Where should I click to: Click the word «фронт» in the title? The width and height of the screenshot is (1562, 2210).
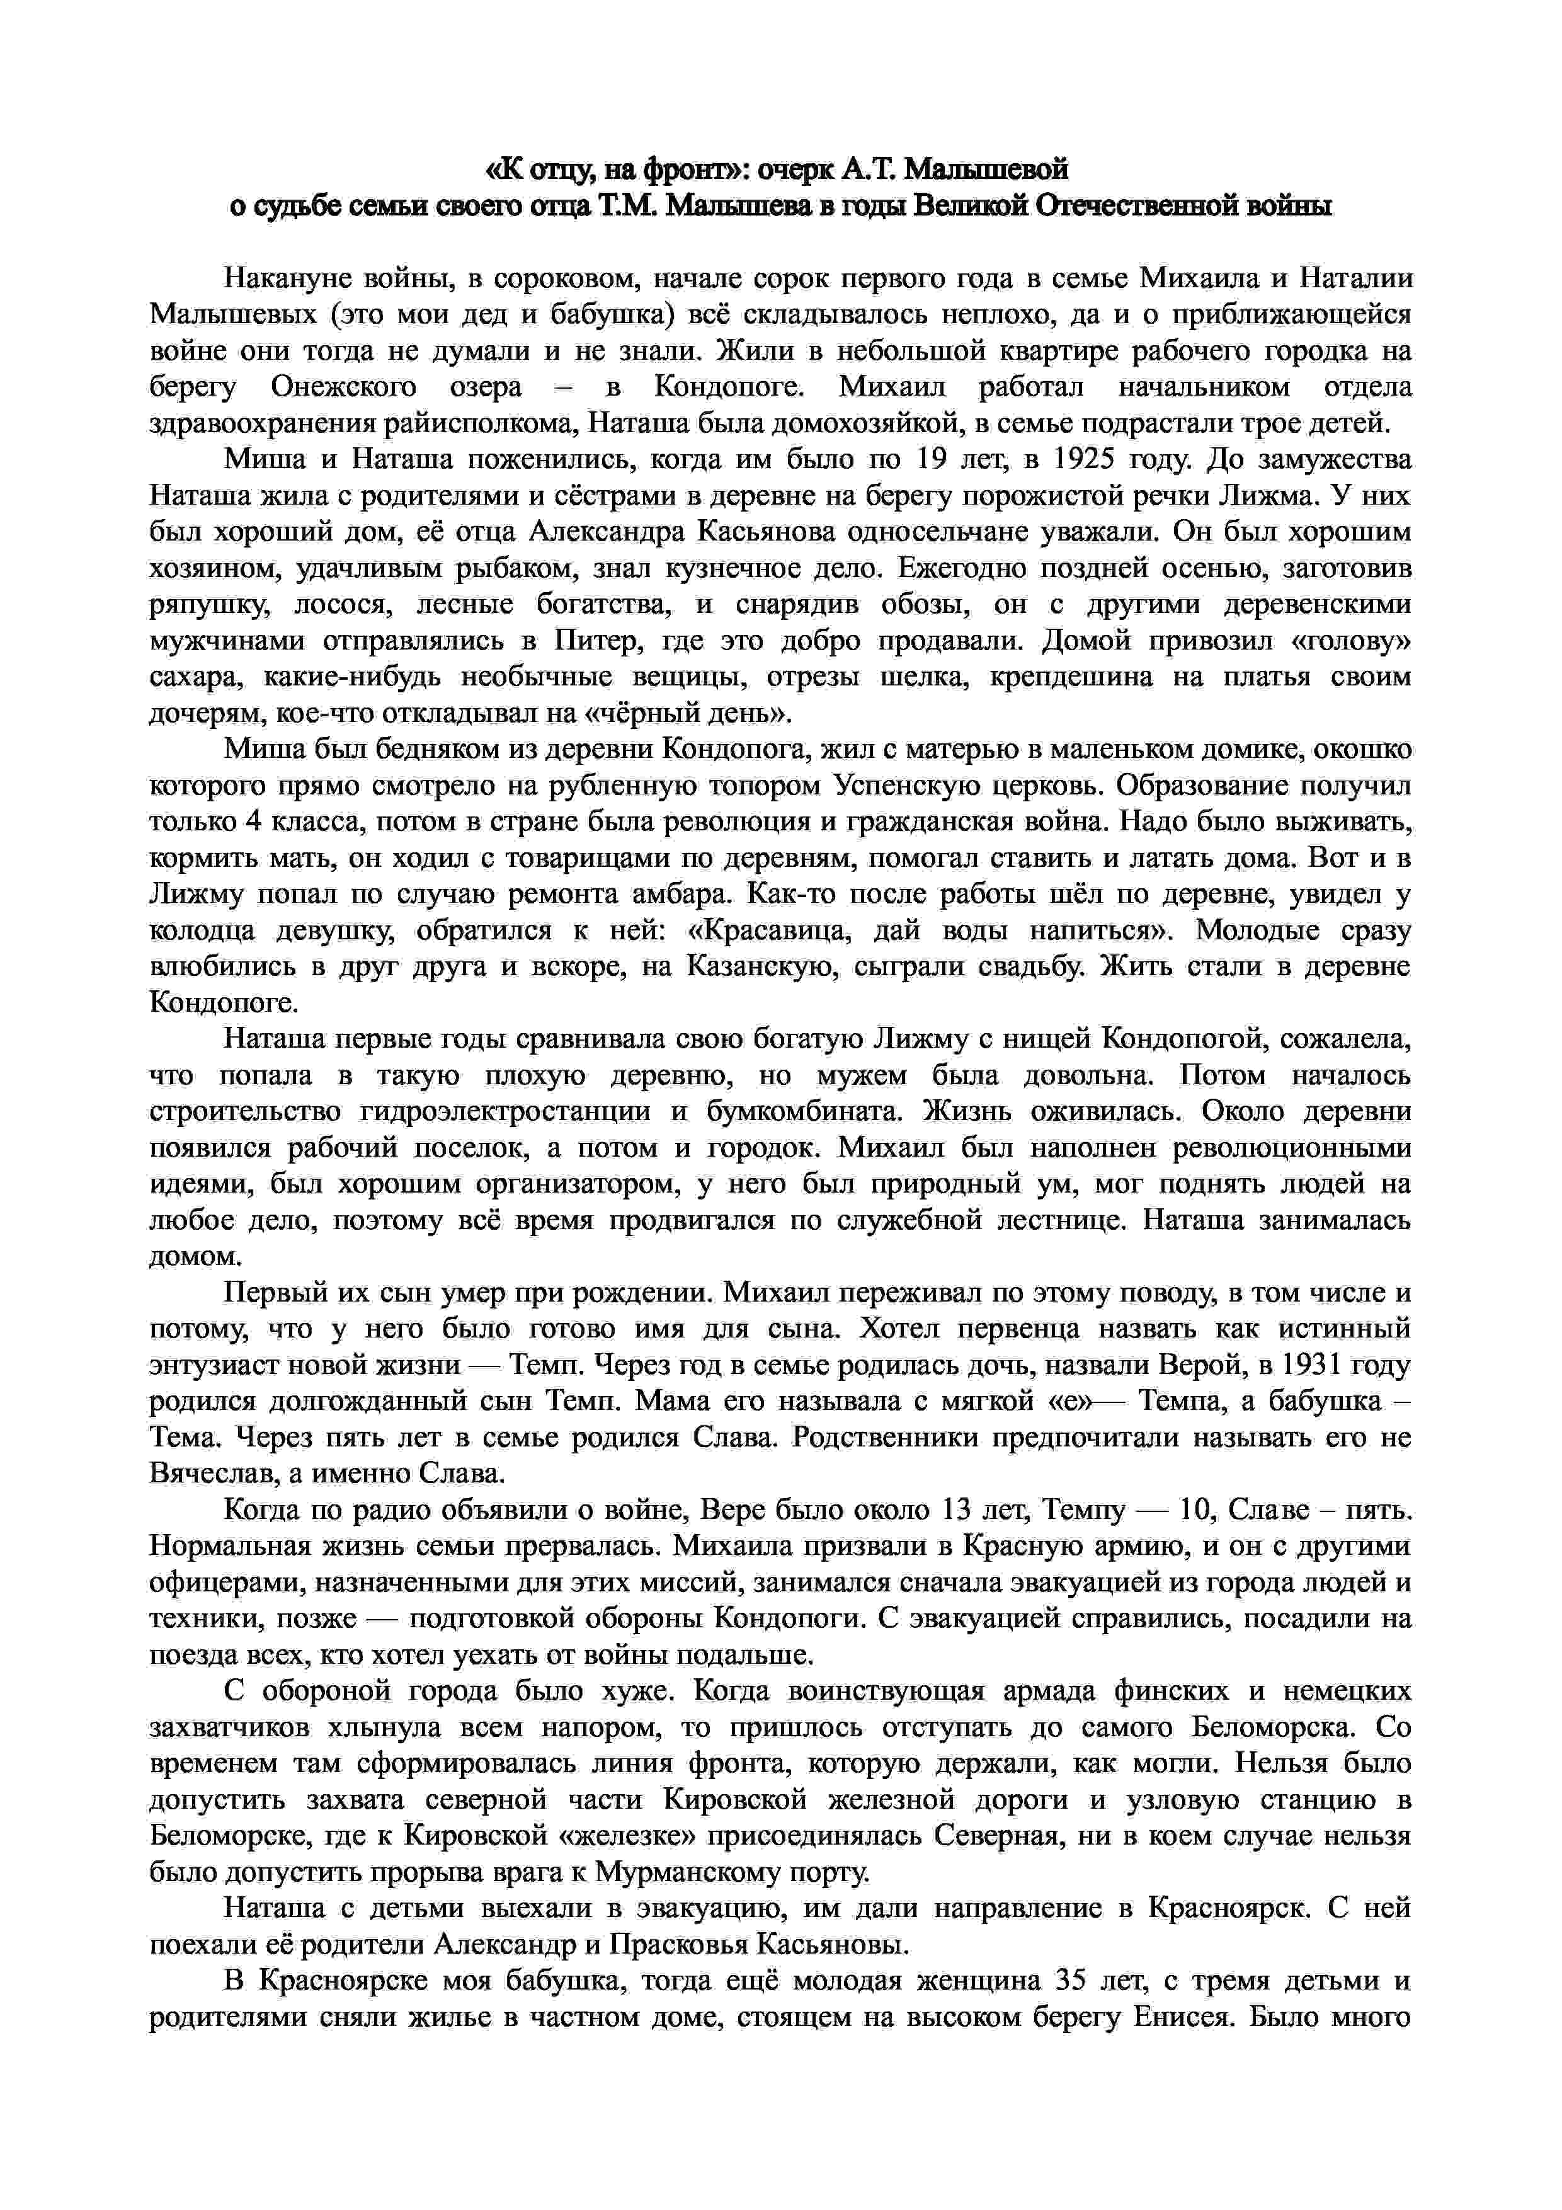tap(693, 170)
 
